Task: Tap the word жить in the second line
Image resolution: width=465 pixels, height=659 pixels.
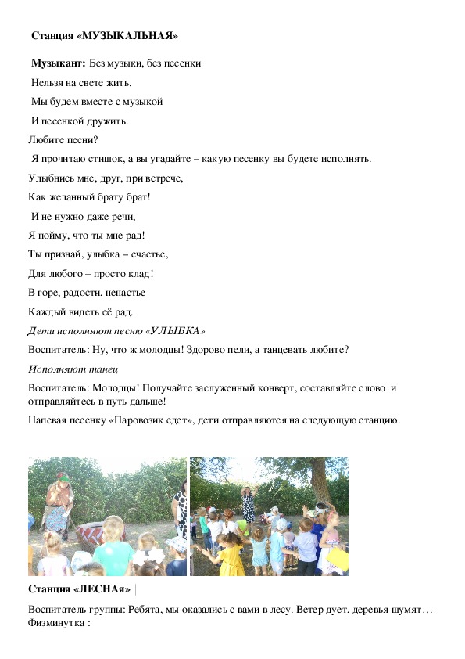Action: point(119,82)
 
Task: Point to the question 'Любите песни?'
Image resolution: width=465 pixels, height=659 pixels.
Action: point(63,140)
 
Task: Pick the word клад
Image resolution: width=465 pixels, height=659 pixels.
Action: point(140,273)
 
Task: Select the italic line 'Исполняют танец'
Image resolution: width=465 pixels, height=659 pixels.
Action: point(68,369)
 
